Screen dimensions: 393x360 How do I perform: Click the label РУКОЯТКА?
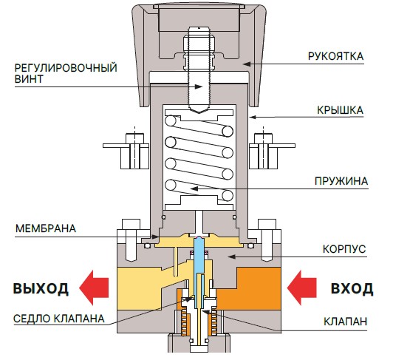click(335, 56)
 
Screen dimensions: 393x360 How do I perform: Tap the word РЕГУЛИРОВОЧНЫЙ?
click(66, 68)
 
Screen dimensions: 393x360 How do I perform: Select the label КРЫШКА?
click(340, 110)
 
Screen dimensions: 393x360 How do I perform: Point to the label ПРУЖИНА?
click(341, 181)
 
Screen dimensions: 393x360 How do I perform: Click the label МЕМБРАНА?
click(46, 228)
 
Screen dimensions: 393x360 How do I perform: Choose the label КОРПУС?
click(344, 249)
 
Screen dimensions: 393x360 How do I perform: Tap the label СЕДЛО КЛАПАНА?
click(59, 319)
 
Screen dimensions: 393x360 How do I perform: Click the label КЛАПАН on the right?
click(345, 321)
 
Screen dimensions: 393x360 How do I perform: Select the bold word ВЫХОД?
click(41, 288)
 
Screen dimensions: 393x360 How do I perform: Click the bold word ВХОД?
click(352, 288)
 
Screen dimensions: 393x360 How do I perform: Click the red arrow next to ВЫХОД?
click(94, 288)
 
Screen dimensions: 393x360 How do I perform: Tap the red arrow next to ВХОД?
click(301, 288)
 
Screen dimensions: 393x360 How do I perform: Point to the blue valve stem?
click(199, 254)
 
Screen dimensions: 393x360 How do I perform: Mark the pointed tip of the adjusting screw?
click(199, 113)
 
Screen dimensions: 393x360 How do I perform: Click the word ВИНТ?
click(29, 79)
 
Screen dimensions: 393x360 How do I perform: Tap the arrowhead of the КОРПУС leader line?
click(231, 257)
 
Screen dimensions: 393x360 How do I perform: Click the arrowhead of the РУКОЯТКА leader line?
click(247, 64)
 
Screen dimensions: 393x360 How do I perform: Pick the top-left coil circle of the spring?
click(171, 121)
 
